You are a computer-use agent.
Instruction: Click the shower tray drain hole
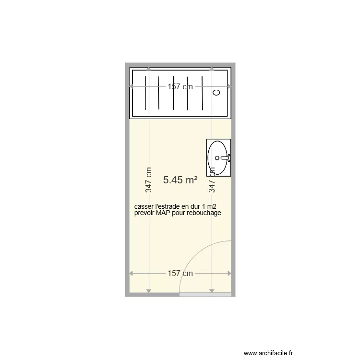tap(216, 93)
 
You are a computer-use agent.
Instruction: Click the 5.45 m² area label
tap(180, 180)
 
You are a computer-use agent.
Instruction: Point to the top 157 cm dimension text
tap(180, 87)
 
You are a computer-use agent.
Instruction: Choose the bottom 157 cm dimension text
tap(180, 273)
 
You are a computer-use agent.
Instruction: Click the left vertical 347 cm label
tap(149, 180)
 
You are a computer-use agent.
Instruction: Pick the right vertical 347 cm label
tap(212, 180)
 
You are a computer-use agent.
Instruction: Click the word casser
tap(143, 207)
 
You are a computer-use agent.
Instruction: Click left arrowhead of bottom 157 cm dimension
tap(132, 274)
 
